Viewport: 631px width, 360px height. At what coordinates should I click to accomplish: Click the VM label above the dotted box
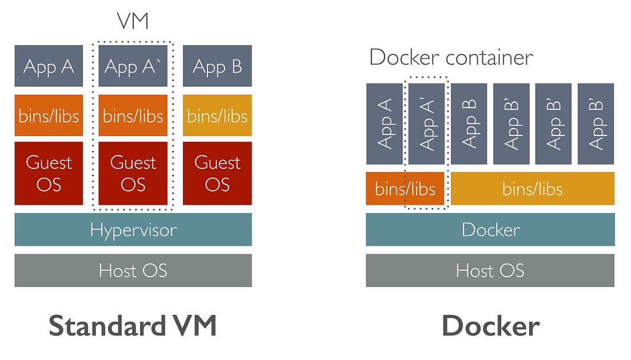pyautogui.click(x=133, y=22)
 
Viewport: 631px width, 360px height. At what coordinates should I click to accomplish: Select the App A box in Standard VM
pyautogui.click(x=49, y=66)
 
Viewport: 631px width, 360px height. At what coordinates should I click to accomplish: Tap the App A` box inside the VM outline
pyautogui.click(x=133, y=66)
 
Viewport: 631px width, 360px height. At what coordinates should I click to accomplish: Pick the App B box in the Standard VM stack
pyautogui.click(x=217, y=66)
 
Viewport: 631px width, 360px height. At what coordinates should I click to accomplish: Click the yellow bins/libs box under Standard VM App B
pyautogui.click(x=217, y=115)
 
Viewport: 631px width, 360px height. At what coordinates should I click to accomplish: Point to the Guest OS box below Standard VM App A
pyautogui.click(x=49, y=173)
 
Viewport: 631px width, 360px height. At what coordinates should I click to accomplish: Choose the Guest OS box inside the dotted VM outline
pyautogui.click(x=133, y=173)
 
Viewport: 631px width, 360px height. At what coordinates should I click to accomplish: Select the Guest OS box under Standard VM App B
pyautogui.click(x=217, y=173)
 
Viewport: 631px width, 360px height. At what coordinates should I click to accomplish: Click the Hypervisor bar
pyautogui.click(x=133, y=230)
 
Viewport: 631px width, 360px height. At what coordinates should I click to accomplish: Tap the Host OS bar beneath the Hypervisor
pyautogui.click(x=133, y=270)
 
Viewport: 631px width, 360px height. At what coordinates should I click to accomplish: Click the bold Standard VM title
pyautogui.click(x=133, y=326)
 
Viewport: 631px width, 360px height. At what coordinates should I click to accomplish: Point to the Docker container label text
pyautogui.click(x=451, y=58)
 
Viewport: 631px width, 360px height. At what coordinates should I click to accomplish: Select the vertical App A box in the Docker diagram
pyautogui.click(x=384, y=123)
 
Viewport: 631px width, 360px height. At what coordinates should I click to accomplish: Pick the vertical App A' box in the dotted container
pyautogui.click(x=426, y=123)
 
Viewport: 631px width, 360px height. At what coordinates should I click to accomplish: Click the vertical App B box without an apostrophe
pyautogui.click(x=469, y=123)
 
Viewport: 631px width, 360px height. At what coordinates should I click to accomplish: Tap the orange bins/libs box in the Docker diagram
pyautogui.click(x=405, y=189)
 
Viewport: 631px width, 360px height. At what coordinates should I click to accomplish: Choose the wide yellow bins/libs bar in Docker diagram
pyautogui.click(x=533, y=189)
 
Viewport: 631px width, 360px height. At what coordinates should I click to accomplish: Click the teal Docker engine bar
pyautogui.click(x=490, y=230)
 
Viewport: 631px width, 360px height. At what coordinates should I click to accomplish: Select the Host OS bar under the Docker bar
pyautogui.click(x=490, y=270)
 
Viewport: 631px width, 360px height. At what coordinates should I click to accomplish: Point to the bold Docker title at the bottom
pyautogui.click(x=490, y=326)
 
